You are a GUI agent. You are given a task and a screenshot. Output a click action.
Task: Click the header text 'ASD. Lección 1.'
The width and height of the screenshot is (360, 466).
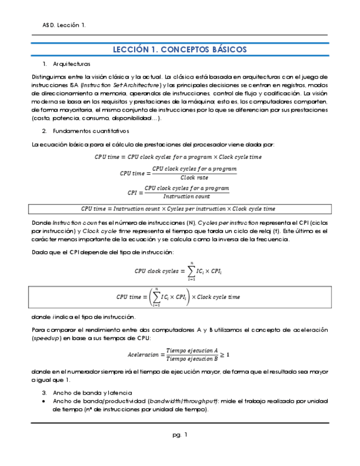pyautogui.click(x=64, y=25)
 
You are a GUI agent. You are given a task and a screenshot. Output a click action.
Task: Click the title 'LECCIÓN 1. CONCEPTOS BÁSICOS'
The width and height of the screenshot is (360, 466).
pyautogui.click(x=180, y=49)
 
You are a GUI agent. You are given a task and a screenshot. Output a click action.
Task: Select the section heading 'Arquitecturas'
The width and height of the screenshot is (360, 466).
pyautogui.click(x=71, y=64)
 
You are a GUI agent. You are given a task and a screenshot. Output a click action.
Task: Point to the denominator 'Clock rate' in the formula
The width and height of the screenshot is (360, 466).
pyautogui.click(x=194, y=177)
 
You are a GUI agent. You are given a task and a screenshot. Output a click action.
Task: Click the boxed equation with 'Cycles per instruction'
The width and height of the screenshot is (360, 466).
pyautogui.click(x=180, y=209)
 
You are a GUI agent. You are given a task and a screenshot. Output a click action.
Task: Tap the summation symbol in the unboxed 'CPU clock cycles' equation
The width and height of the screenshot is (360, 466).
pyautogui.click(x=191, y=270)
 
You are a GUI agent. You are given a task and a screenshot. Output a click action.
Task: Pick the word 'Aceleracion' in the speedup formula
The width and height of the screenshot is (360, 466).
pyautogui.click(x=144, y=355)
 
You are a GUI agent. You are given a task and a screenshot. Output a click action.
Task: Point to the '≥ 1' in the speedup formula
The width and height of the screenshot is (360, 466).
pyautogui.click(x=225, y=354)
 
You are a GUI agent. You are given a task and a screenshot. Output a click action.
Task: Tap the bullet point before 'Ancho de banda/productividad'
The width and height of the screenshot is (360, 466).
pyautogui.click(x=44, y=402)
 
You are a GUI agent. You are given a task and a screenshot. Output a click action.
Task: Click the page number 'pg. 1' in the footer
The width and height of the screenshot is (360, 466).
pyautogui.click(x=180, y=435)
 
